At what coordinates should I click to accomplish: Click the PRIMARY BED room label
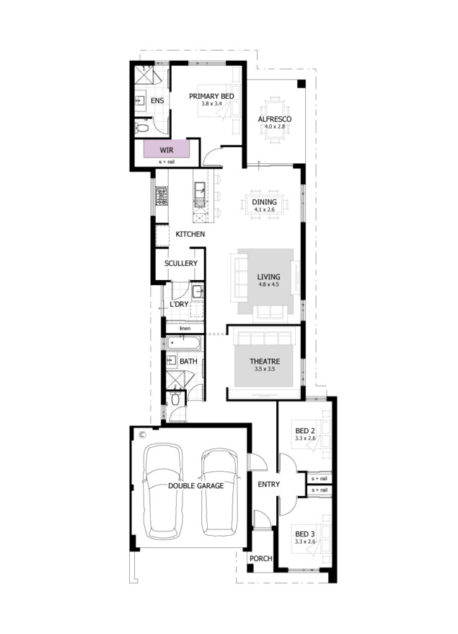[x=211, y=96]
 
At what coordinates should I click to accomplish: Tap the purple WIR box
[x=167, y=149]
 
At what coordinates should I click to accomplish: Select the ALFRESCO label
[x=275, y=119]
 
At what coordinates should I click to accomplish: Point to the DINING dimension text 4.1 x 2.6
[x=265, y=209]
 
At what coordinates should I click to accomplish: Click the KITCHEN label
[x=190, y=234]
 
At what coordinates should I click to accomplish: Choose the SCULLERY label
[x=181, y=264]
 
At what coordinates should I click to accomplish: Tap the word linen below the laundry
[x=185, y=329]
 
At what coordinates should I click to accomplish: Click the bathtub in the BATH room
[x=184, y=343]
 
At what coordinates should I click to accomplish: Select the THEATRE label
[x=265, y=362]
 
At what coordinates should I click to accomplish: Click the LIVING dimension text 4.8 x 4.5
[x=268, y=285]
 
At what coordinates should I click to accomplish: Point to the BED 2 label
[x=305, y=431]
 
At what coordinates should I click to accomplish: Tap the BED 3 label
[x=305, y=534]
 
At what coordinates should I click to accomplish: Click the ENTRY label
[x=268, y=485]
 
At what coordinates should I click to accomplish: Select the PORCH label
[x=261, y=558]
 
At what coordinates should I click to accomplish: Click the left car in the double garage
[x=163, y=491]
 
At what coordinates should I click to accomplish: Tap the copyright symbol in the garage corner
[x=142, y=435]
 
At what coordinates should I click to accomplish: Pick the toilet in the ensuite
[x=142, y=129]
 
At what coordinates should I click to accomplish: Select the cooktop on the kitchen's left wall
[x=162, y=196]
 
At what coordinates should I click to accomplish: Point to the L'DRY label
[x=179, y=304]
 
